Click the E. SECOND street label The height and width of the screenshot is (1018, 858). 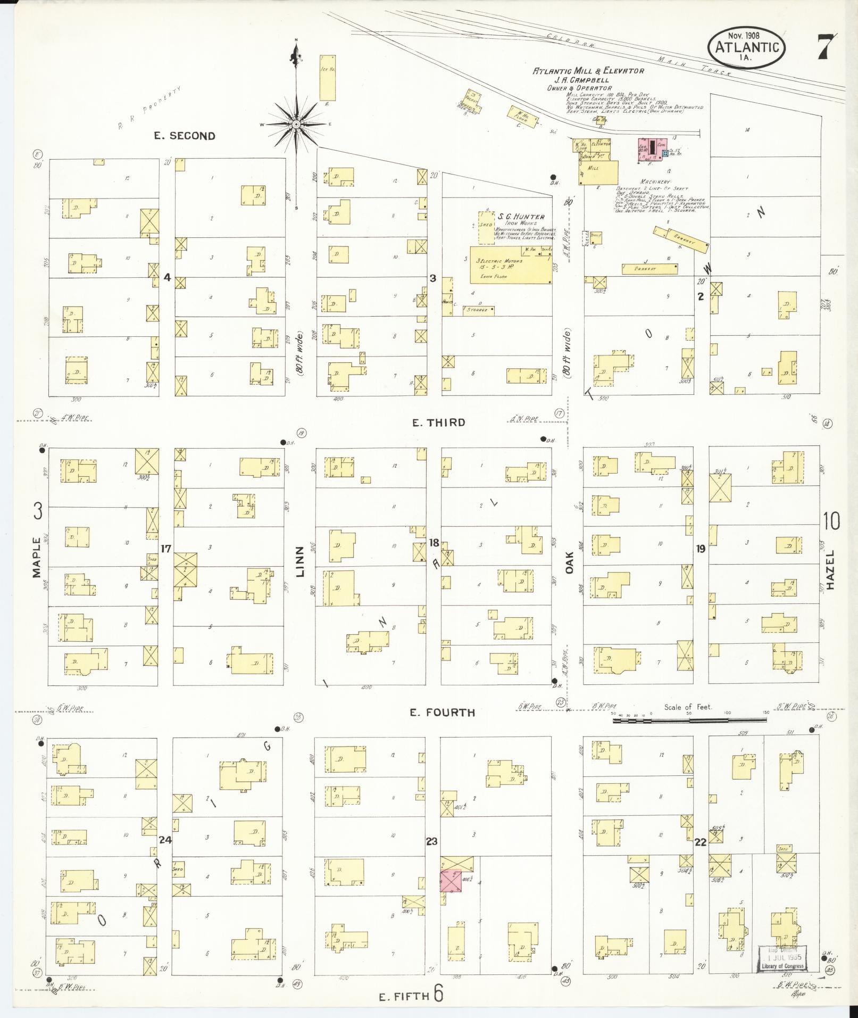[185, 136]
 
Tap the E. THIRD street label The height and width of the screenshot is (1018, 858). [439, 423]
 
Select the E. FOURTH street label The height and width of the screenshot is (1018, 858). [442, 712]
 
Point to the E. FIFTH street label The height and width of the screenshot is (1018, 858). [404, 997]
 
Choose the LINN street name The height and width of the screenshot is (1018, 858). [301, 561]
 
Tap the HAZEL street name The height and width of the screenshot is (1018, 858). [831, 569]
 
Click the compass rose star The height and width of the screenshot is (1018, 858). [296, 124]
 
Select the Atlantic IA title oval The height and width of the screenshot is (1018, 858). [747, 48]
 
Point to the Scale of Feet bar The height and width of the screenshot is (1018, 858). [689, 720]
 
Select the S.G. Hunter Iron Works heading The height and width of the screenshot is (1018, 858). [521, 217]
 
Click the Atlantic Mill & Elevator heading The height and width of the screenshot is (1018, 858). [588, 71]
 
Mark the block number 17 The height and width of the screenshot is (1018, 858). [166, 548]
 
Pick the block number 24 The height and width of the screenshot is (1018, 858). [165, 840]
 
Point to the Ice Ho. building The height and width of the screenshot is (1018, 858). [327, 77]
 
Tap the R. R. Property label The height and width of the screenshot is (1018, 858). [151, 108]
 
